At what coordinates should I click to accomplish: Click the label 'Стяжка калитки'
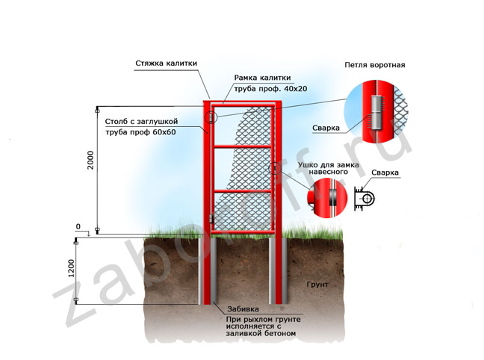[166, 64]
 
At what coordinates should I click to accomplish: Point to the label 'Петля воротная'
[374, 65]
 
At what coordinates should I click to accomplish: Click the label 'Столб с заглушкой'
[138, 120]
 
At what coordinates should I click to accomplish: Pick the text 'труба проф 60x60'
[140, 131]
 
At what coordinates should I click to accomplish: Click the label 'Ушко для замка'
[329, 163]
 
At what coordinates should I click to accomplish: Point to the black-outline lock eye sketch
[367, 199]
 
